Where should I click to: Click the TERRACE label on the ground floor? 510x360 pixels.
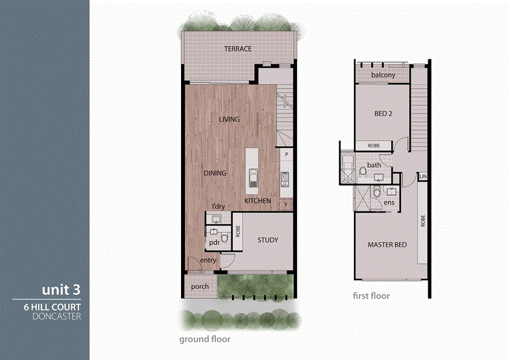point(237,49)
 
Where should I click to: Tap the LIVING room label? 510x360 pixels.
point(228,119)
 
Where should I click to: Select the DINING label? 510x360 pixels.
point(215,173)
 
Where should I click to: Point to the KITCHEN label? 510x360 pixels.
point(258,201)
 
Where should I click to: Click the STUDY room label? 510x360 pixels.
point(267,240)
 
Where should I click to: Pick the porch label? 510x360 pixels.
point(200,287)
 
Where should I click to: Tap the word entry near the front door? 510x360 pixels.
point(208,261)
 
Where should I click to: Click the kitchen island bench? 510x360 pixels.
point(252,168)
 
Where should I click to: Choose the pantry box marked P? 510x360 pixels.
point(287,155)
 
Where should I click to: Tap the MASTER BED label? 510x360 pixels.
point(387,245)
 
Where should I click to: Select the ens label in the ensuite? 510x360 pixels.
point(389,203)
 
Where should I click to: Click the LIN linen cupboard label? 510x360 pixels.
point(423,176)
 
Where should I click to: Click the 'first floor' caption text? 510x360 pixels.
point(371,296)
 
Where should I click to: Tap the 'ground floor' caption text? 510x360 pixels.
point(205,340)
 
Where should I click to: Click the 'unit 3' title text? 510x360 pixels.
point(61,289)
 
